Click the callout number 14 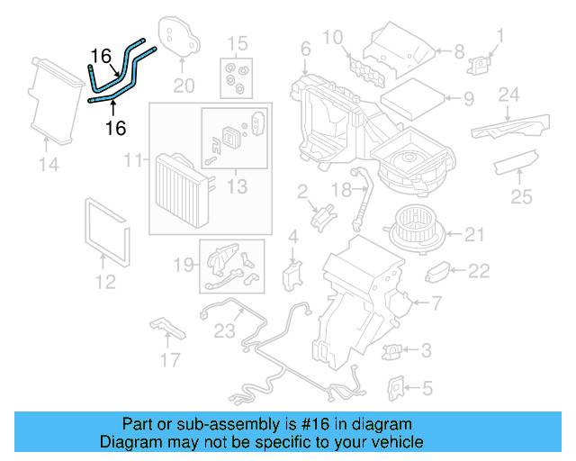[x=48, y=164]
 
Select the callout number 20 [x=184, y=86]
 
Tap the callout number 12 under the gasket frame [x=105, y=282]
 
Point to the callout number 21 [x=474, y=236]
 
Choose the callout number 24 [x=509, y=95]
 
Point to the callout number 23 [x=223, y=330]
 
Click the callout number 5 [x=427, y=388]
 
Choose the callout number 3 [x=426, y=349]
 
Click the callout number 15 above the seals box [x=236, y=43]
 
